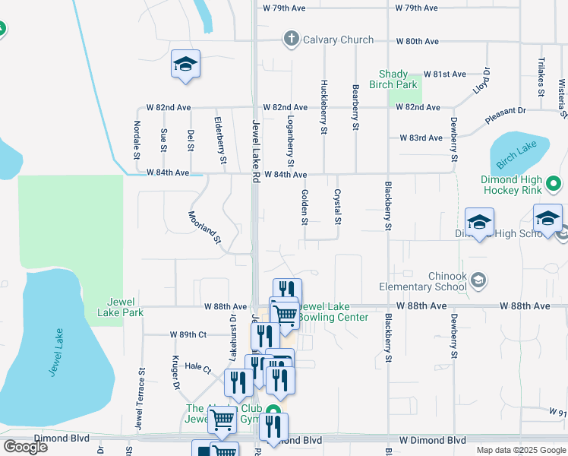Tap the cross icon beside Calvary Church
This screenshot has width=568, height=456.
290,40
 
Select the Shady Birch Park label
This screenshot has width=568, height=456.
399,80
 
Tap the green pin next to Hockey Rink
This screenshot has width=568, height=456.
554,183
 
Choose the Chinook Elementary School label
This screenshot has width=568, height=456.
423,281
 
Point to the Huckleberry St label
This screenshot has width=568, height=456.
324,107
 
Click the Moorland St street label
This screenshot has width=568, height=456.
204,227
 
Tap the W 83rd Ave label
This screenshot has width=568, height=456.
421,138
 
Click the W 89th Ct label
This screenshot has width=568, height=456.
186,334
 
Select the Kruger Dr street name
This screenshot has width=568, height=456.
175,373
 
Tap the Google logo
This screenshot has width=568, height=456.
25,447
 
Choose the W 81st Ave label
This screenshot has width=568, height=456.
444,74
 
